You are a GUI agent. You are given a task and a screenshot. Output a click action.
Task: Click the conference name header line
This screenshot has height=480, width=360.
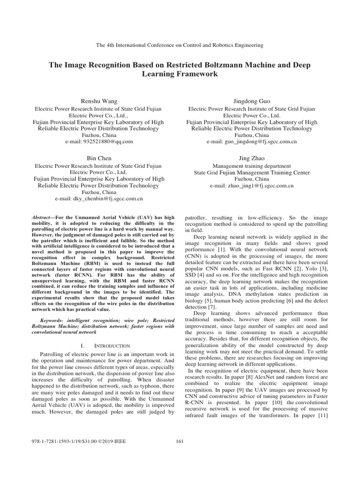(x=180, y=45)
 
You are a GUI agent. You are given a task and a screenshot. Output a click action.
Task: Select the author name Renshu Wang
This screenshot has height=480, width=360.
(x=100, y=101)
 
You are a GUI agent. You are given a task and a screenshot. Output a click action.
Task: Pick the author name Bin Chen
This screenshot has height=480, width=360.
(x=100, y=158)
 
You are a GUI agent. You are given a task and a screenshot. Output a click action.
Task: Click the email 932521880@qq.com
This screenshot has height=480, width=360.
(x=100, y=141)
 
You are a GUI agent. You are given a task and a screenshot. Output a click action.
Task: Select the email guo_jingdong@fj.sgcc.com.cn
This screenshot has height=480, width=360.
(x=252, y=141)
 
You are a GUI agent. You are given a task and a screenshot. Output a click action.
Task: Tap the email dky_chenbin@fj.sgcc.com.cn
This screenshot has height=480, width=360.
(x=100, y=199)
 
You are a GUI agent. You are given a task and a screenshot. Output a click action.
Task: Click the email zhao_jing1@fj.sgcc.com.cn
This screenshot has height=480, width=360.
(x=252, y=186)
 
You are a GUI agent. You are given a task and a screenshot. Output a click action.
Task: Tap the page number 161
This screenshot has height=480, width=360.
(x=180, y=441)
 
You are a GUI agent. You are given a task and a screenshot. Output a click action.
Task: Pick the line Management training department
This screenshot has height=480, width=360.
(x=252, y=165)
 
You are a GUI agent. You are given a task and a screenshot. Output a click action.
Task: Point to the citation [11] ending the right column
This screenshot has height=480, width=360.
(x=322, y=416)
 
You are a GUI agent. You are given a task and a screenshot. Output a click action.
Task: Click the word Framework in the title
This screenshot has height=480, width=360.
(x=195, y=74)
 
